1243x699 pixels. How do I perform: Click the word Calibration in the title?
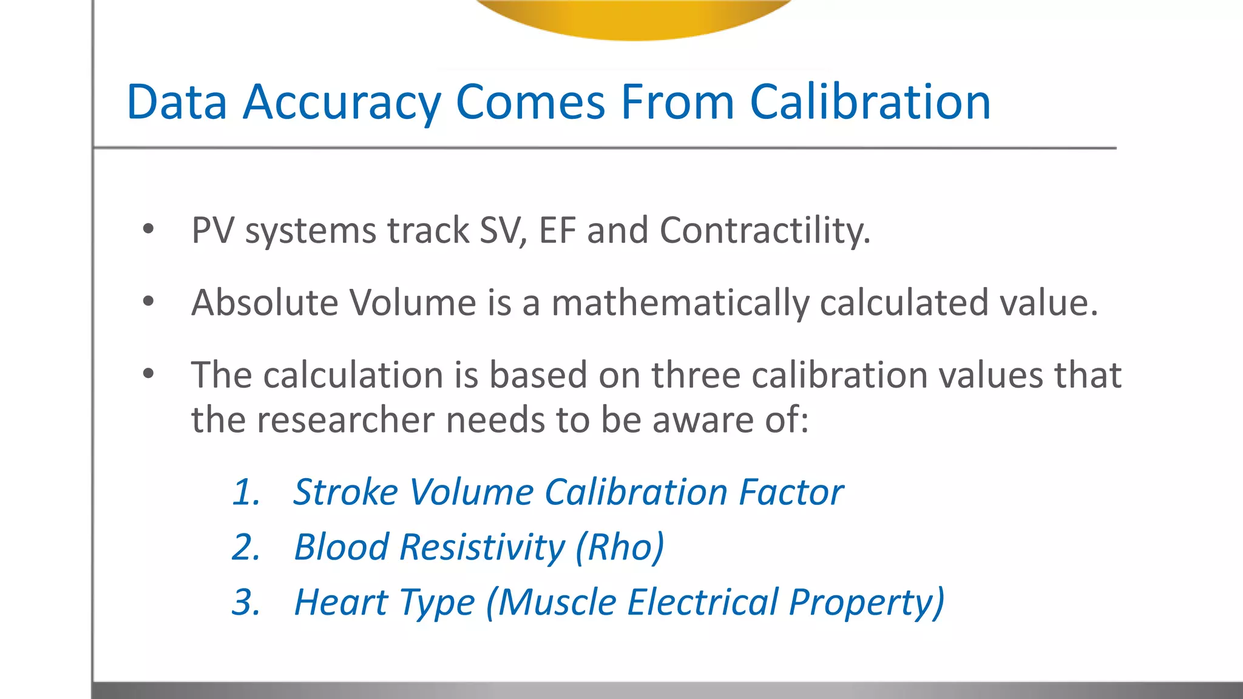[870, 102]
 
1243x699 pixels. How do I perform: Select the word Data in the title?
[177, 102]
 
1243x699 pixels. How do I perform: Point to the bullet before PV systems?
[148, 229]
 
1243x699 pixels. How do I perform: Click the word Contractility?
[765, 231]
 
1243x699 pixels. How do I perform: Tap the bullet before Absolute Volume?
[148, 302]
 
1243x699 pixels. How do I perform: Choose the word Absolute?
[265, 302]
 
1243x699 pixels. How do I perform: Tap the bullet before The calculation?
[148, 374]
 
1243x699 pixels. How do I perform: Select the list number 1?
[246, 491]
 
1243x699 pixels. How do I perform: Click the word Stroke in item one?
[345, 491]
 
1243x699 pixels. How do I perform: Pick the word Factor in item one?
[791, 491]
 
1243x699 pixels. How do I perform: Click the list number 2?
[246, 547]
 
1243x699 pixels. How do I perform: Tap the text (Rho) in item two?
[619, 547]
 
